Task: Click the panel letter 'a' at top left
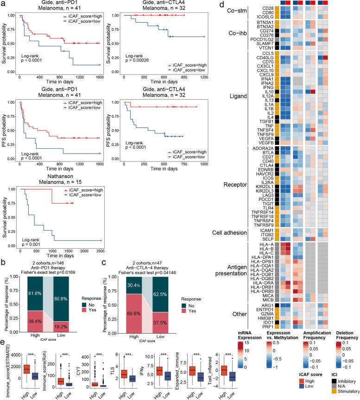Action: pyautogui.click(x=3, y=4)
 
